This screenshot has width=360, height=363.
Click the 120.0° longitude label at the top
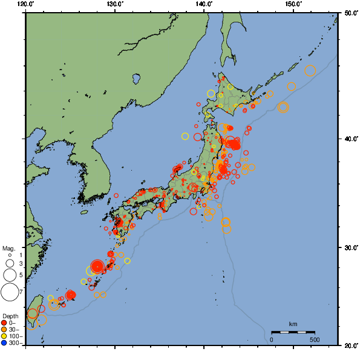click(26, 4)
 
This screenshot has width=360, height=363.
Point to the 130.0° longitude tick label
click(115, 4)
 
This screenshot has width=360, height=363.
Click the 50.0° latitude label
click(350, 13)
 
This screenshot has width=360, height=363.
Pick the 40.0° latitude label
click(350, 139)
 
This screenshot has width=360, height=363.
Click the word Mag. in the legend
click(8, 248)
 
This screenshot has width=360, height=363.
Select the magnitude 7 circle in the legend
click(10, 293)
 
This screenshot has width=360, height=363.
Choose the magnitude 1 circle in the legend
click(10, 255)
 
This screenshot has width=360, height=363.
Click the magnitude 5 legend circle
click(10, 275)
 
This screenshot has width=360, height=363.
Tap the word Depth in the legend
click(10, 316)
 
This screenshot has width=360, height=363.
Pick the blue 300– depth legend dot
click(4, 344)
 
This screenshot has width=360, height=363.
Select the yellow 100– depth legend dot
click(4, 336)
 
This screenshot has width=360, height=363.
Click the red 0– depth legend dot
click(4, 322)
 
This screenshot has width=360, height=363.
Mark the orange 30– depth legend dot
click(4, 330)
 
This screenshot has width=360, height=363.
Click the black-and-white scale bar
click(293, 332)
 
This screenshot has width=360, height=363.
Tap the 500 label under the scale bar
click(315, 339)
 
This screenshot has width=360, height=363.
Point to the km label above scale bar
click(293, 325)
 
